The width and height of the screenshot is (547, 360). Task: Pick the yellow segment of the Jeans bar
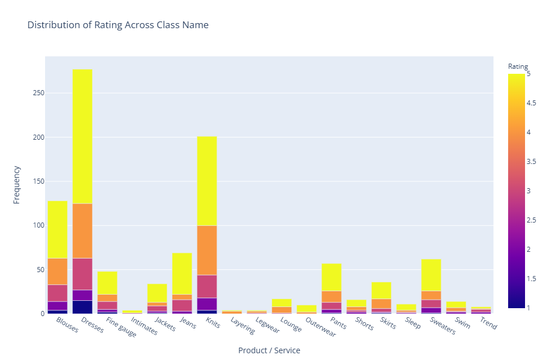pos(182,273)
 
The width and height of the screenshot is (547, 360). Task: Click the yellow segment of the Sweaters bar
pos(431,275)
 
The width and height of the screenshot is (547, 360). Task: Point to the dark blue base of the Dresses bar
pos(82,307)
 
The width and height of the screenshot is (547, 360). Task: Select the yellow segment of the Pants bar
pos(331,277)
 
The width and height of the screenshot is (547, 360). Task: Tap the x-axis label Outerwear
pos(321,327)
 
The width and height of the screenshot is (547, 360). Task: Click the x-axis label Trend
pos(487,323)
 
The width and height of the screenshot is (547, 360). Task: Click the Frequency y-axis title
pos(17,184)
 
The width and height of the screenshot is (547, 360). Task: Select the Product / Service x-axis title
pos(269,350)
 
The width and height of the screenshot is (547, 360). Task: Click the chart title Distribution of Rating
pos(118,25)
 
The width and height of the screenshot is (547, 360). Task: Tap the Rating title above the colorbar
pos(518,66)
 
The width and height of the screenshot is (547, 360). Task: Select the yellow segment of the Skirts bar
pos(381,290)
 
